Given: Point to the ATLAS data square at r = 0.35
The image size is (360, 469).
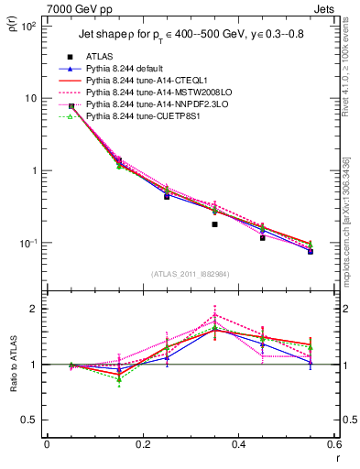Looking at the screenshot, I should coord(214,224).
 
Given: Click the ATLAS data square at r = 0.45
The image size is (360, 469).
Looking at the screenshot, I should coord(262,237).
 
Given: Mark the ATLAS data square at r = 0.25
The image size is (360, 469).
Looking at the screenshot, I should coord(167,196).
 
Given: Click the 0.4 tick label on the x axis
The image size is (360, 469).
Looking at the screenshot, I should coord(238,444).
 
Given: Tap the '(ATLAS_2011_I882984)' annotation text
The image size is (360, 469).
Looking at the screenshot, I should coord(190,273).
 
